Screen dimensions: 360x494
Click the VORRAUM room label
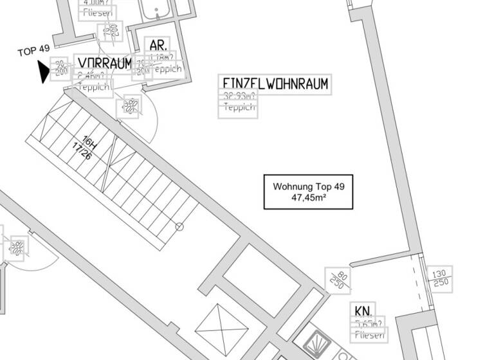click(x=104, y=62)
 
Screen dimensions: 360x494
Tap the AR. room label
click(x=158, y=46)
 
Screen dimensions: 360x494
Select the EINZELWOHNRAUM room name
click(x=275, y=84)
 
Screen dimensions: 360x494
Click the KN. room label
click(x=363, y=310)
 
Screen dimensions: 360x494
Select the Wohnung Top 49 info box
click(x=309, y=192)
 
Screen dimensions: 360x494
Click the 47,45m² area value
click(x=309, y=197)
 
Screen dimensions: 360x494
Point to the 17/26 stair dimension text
click(x=81, y=152)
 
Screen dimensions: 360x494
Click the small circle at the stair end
click(x=179, y=226)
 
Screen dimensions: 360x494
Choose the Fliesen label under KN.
click(x=369, y=334)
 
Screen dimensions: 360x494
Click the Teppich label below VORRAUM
click(x=95, y=86)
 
